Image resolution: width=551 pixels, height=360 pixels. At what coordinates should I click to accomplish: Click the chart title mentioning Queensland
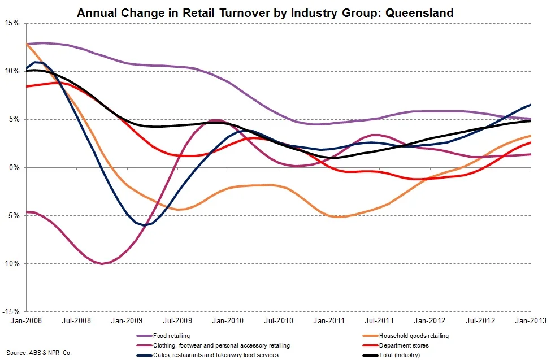click(x=265, y=12)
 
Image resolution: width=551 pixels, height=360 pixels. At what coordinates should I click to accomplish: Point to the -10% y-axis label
click(x=11, y=264)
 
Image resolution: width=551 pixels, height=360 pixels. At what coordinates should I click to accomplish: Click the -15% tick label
click(x=11, y=312)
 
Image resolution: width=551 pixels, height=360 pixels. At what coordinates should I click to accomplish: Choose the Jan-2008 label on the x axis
click(x=26, y=321)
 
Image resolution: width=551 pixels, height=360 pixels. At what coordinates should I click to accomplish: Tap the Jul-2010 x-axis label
click(x=278, y=321)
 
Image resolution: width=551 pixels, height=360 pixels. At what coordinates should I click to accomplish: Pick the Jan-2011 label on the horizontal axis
click(x=329, y=321)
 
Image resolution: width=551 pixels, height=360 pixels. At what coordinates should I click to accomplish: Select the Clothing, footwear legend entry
click(x=221, y=345)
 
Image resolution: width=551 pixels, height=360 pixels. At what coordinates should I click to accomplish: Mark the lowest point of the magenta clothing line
click(x=102, y=264)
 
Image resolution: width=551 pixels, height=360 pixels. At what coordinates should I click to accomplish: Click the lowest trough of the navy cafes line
click(x=145, y=225)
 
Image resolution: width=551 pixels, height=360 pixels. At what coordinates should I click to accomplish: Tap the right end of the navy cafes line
click(x=530, y=105)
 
